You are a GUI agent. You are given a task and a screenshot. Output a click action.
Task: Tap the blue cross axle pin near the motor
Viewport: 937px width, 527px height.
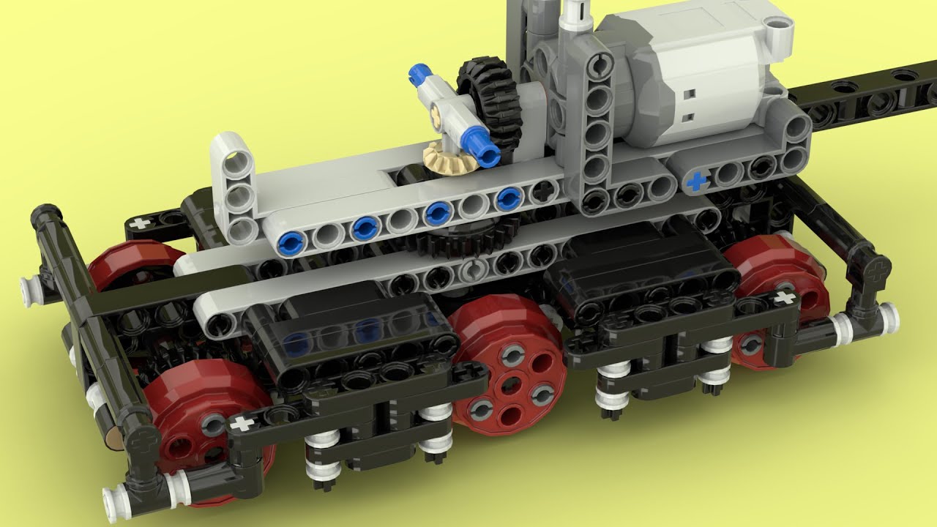tap(696, 180)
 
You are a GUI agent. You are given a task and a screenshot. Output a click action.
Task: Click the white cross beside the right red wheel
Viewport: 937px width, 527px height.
tap(784, 297)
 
